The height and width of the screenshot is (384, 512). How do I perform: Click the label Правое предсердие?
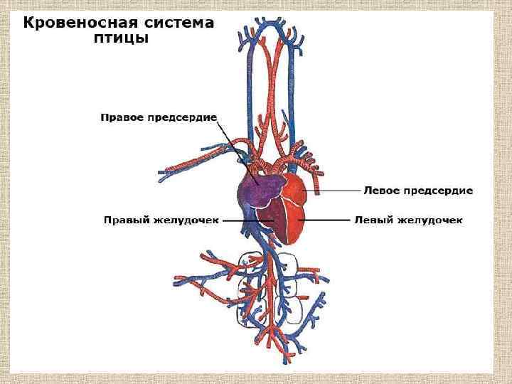(x=158, y=116)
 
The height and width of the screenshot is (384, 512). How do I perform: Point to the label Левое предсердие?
(x=418, y=191)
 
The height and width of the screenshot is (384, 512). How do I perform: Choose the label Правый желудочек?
(x=159, y=220)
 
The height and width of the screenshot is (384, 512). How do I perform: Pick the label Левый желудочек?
(x=409, y=220)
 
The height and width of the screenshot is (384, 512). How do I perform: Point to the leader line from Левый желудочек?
(x=327, y=220)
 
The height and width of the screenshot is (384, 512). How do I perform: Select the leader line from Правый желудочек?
(x=245, y=220)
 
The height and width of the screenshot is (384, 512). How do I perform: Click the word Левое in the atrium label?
(x=380, y=191)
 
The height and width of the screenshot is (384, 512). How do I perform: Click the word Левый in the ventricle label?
(x=371, y=220)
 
